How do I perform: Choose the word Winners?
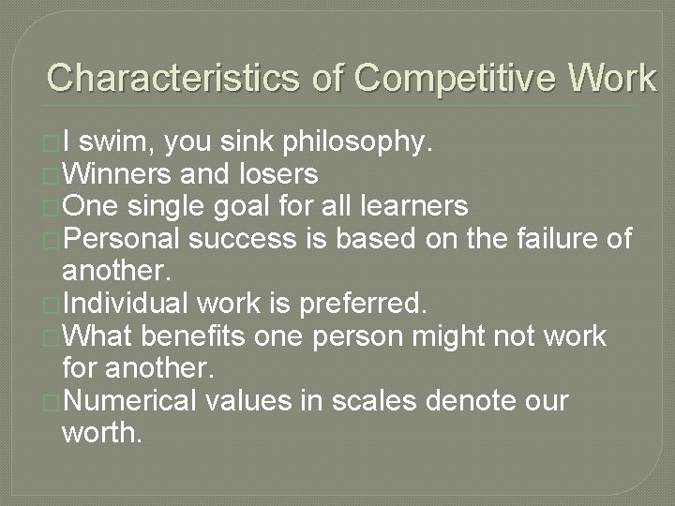coord(119,173)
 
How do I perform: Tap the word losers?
coord(278,173)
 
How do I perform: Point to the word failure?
coord(554,238)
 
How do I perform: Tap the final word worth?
coord(102,432)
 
